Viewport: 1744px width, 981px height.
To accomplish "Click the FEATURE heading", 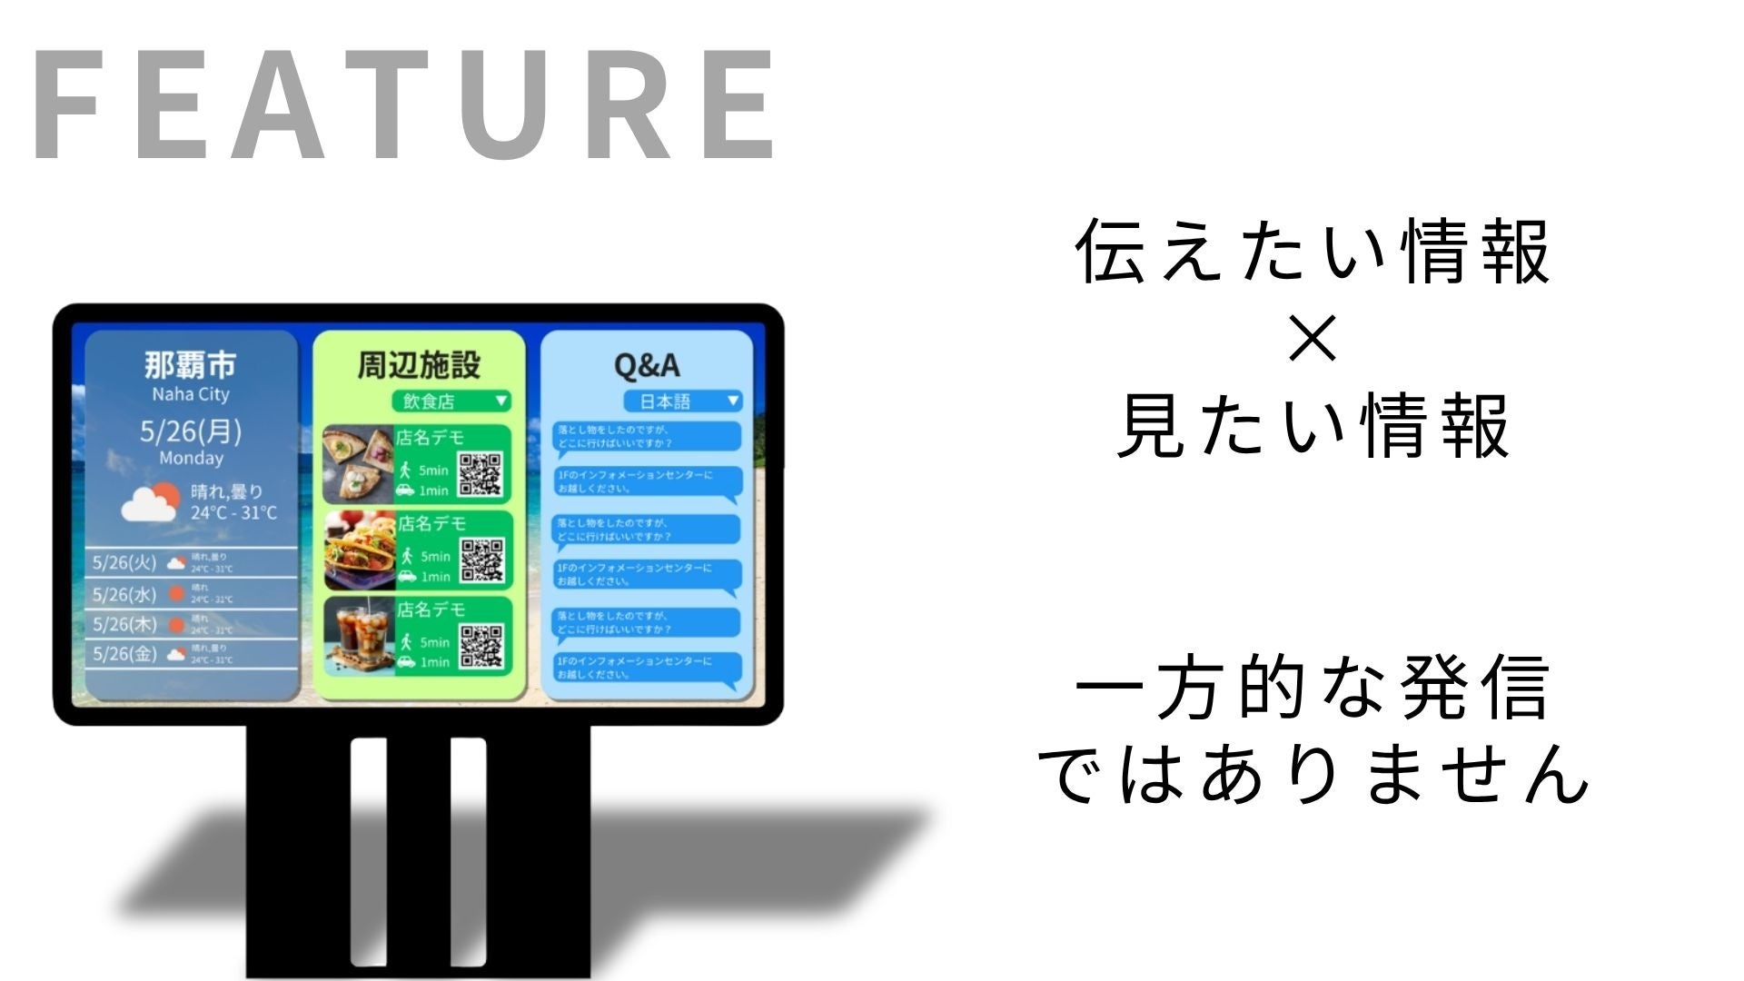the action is click(404, 104).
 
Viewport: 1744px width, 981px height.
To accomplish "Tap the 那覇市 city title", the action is click(190, 364).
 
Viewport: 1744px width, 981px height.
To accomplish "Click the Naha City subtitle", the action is click(190, 394).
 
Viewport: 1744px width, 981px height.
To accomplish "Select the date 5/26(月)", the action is click(190, 431).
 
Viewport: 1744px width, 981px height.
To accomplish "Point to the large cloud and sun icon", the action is click(151, 502).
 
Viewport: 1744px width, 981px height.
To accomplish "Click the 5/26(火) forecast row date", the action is click(124, 562).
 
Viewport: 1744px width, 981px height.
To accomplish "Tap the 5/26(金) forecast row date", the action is click(124, 653).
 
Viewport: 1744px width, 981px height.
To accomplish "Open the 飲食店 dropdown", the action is click(451, 401).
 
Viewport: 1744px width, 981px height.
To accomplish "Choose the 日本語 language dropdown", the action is click(682, 401).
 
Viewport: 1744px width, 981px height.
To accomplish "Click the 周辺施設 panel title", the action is click(419, 364).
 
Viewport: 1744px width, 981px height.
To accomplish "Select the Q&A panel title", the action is click(647, 365).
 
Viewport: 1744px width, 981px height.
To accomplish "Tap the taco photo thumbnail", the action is click(361, 550).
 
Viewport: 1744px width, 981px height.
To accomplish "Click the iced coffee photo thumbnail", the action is click(361, 636).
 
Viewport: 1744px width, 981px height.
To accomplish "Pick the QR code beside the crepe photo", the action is click(481, 474).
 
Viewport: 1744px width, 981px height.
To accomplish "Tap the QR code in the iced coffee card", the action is click(481, 645).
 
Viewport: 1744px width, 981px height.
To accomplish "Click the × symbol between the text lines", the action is click(1313, 340).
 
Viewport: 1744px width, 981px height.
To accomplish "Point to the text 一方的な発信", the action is click(1313, 688).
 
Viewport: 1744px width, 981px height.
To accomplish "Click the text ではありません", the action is click(1313, 773).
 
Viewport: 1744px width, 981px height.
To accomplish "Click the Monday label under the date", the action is click(191, 458).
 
